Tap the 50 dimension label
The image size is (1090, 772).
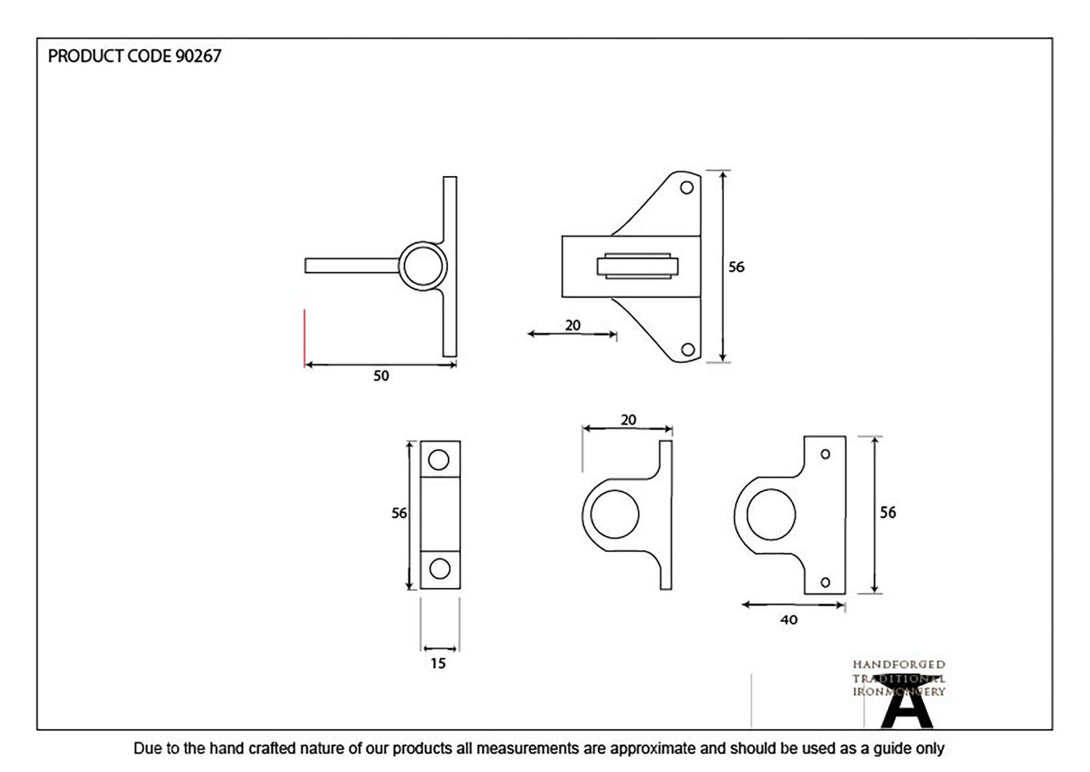tap(382, 376)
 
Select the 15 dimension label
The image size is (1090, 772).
tap(438, 663)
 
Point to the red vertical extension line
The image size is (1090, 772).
tap(305, 338)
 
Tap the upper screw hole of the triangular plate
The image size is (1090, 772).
tap(687, 189)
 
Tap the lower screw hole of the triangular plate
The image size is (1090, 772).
tap(687, 349)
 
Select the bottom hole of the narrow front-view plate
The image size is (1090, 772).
tap(439, 568)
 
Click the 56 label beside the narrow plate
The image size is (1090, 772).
tap(400, 513)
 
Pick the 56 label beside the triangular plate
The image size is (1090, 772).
tap(737, 267)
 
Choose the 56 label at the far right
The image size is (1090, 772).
tap(887, 513)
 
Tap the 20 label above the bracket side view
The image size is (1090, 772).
tap(629, 419)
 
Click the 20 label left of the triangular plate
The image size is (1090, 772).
tap(573, 325)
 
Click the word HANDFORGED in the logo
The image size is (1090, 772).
tap(898, 664)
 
